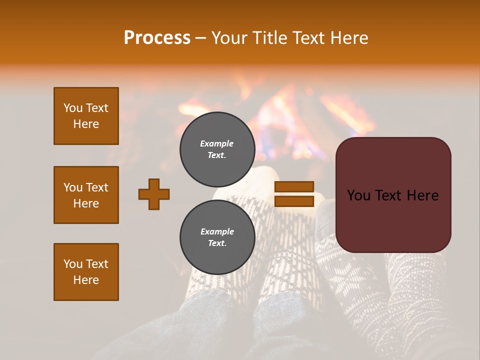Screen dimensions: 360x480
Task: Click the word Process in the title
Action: click(x=157, y=38)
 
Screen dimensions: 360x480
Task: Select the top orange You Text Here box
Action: click(x=86, y=116)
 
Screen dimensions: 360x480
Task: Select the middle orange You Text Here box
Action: click(x=86, y=195)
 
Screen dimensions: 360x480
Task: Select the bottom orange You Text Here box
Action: click(x=86, y=272)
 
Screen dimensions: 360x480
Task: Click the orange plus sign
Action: click(x=154, y=194)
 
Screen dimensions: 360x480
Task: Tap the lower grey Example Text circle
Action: click(x=217, y=237)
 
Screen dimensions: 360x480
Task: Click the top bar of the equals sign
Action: click(x=294, y=187)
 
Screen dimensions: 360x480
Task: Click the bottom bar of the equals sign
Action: click(x=294, y=201)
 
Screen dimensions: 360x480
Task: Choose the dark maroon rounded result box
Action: click(x=393, y=195)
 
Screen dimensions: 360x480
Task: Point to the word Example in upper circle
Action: click(x=217, y=143)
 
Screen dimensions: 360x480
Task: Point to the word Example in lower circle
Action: click(x=217, y=231)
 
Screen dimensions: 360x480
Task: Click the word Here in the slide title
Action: click(x=349, y=38)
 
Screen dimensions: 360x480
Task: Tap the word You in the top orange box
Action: click(x=73, y=108)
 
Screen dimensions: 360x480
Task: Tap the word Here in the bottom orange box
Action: click(x=86, y=280)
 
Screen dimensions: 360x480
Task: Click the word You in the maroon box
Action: click(x=358, y=195)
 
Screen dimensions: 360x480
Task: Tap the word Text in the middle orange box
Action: click(x=97, y=187)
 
